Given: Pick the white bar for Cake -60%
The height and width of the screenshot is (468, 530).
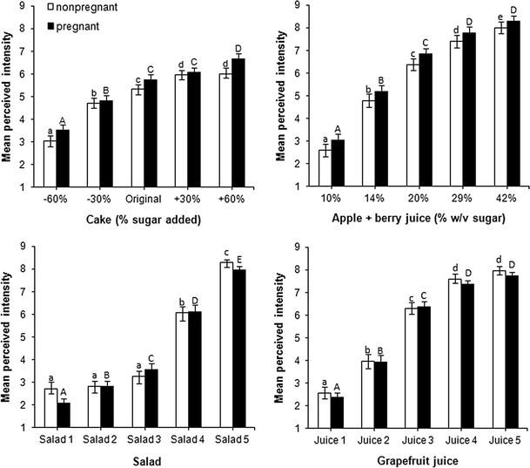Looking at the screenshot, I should click(50, 163).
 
